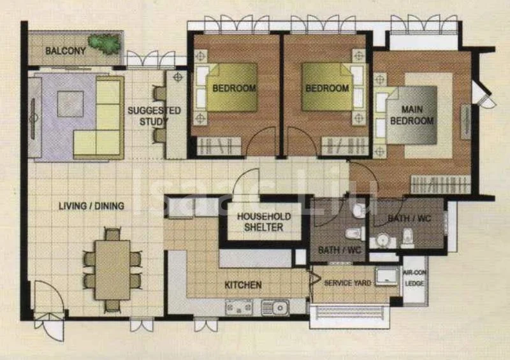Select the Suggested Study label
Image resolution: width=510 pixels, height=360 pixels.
154,116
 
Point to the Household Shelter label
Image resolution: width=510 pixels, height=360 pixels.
264,222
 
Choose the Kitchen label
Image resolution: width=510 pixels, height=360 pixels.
243,285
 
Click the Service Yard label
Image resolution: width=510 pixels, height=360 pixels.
347,282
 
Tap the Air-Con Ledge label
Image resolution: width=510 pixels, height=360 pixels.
414,277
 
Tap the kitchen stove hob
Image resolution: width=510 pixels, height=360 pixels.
240,308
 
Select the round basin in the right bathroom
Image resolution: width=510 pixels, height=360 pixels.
381,240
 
